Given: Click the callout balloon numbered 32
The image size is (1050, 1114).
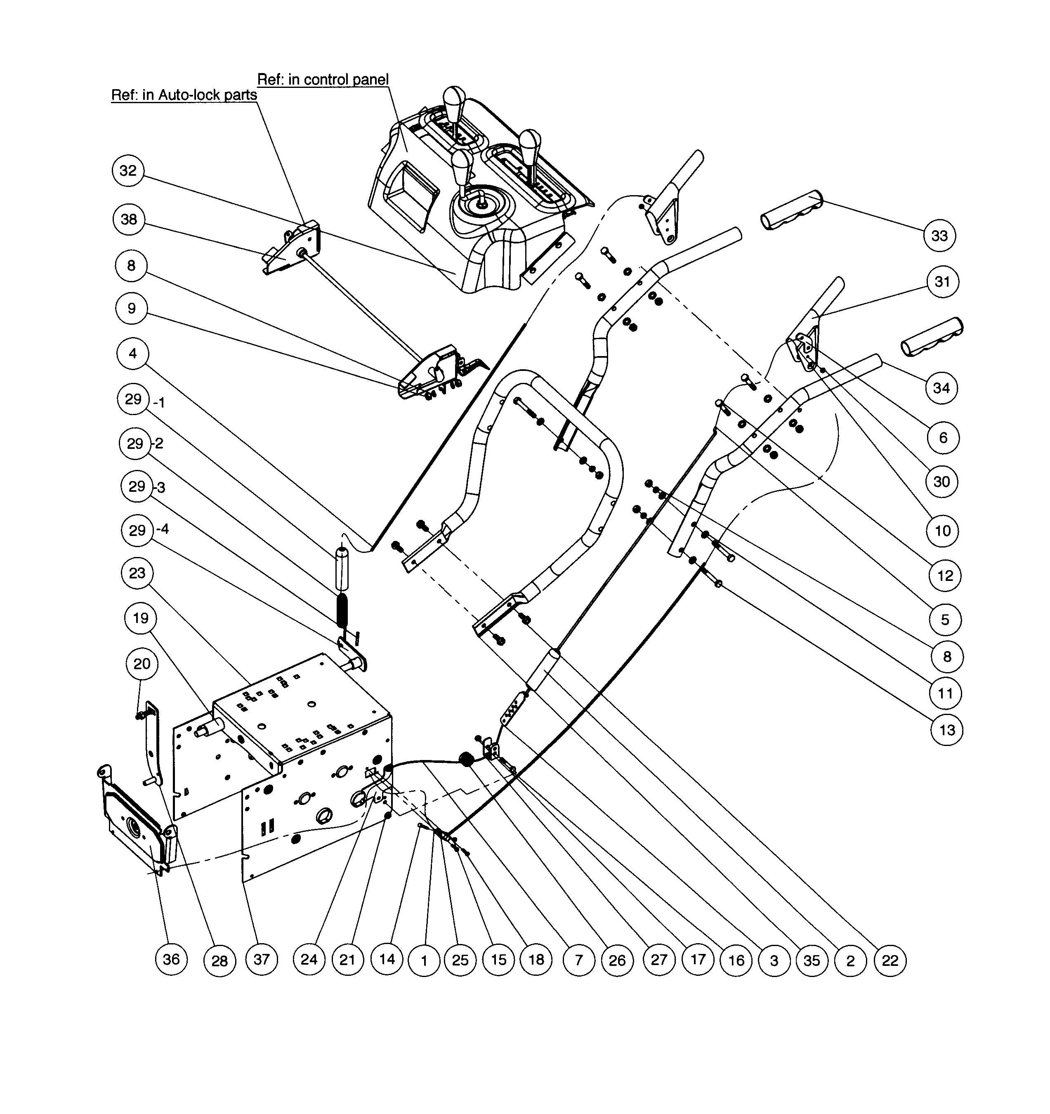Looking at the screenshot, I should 128,170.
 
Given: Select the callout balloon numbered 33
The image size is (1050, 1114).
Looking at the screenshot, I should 939,235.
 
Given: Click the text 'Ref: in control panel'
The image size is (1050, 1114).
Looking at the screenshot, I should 323,80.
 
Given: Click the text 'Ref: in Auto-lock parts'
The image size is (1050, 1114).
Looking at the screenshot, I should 184,95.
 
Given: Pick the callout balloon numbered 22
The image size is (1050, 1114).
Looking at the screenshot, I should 890,961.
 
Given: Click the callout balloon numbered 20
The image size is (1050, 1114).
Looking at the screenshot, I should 142,663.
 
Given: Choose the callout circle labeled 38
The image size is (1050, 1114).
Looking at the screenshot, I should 129,219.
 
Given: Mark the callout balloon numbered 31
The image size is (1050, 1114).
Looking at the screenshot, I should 942,281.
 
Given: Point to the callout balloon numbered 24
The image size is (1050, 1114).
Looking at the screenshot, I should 309,959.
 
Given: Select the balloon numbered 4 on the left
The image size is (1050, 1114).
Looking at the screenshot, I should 133,354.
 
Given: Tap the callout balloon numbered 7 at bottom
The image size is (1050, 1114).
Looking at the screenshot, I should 578,961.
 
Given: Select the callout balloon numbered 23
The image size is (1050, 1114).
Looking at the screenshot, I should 137,573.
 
